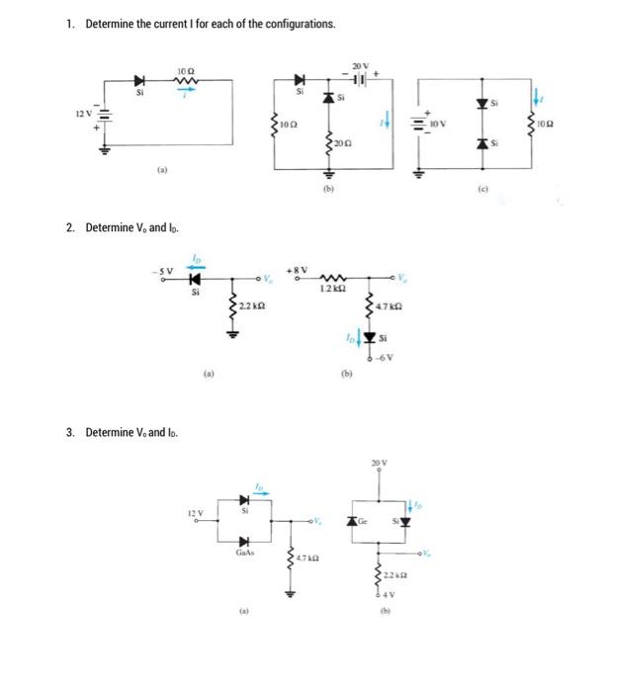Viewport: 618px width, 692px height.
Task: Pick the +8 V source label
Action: pyautogui.click(x=298, y=270)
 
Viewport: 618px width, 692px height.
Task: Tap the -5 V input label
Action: pyautogui.click(x=162, y=271)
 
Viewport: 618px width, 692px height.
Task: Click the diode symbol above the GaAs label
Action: pyautogui.click(x=243, y=540)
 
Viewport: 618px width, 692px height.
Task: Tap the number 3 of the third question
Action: pyautogui.click(x=70, y=432)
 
